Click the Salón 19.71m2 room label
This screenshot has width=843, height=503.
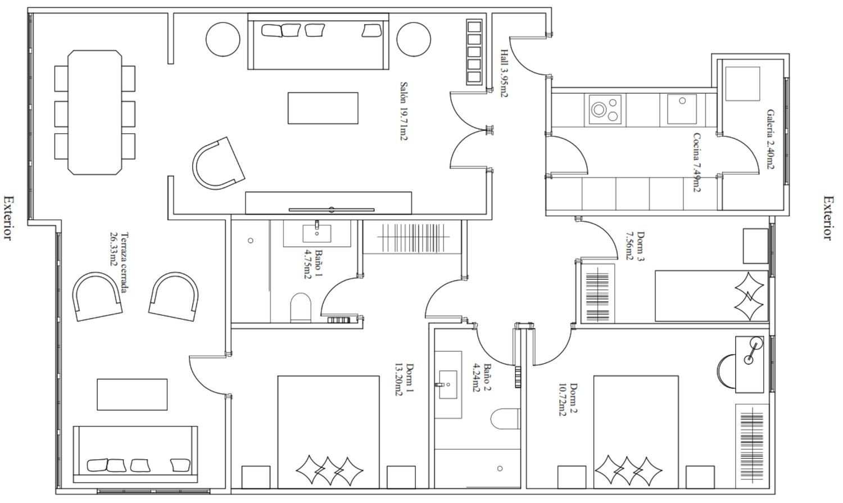click(404, 111)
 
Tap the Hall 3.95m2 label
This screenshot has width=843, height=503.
click(504, 73)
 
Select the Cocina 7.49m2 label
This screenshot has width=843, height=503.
click(696, 162)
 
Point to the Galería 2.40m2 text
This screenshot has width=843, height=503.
click(771, 139)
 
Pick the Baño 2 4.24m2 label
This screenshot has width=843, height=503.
click(482, 378)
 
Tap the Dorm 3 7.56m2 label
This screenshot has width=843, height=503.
click(634, 246)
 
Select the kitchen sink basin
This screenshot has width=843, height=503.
click(682, 109)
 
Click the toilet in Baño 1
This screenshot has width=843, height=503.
click(301, 307)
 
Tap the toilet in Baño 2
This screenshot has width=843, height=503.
click(506, 418)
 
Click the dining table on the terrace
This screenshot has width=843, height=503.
click(95, 112)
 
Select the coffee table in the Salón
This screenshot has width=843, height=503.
click(323, 108)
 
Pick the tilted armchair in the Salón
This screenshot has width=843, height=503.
click(219, 164)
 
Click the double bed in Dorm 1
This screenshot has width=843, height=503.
click(328, 432)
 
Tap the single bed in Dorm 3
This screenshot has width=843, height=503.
click(711, 296)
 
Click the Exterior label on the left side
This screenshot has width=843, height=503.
click(8, 217)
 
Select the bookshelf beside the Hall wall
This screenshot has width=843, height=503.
click(474, 52)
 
